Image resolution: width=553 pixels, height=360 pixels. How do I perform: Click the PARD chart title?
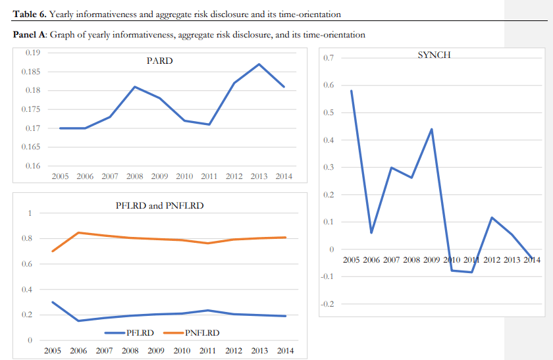tap(159, 61)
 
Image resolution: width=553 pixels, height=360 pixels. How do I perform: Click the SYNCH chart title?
tap(434, 55)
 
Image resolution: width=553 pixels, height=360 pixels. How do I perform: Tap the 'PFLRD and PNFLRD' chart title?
tap(160, 205)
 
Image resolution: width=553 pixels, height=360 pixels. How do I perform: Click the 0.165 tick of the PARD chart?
tap(32, 147)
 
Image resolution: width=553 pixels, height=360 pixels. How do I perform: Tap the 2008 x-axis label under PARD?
tap(135, 177)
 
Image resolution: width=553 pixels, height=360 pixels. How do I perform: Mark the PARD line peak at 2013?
tap(259, 64)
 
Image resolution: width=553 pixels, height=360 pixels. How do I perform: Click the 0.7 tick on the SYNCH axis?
tap(329, 59)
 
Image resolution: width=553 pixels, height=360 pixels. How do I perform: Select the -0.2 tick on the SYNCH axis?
tap(328, 304)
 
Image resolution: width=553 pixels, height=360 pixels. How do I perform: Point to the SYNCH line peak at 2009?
tap(432, 129)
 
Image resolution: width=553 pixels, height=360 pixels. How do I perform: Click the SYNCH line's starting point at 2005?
tap(352, 91)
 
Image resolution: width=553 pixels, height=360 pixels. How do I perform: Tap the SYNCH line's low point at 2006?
tap(371, 232)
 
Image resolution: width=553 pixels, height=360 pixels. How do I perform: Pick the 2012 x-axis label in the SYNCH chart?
tap(491, 260)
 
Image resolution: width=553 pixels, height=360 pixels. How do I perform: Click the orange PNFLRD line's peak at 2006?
tap(79, 232)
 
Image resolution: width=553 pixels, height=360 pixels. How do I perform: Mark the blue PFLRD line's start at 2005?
tap(53, 302)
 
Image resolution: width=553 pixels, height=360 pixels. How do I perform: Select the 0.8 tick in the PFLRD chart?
tap(28, 238)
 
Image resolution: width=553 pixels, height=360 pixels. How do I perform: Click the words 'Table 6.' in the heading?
tap(30, 13)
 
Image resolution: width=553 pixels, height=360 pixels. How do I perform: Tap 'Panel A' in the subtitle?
tap(30, 34)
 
